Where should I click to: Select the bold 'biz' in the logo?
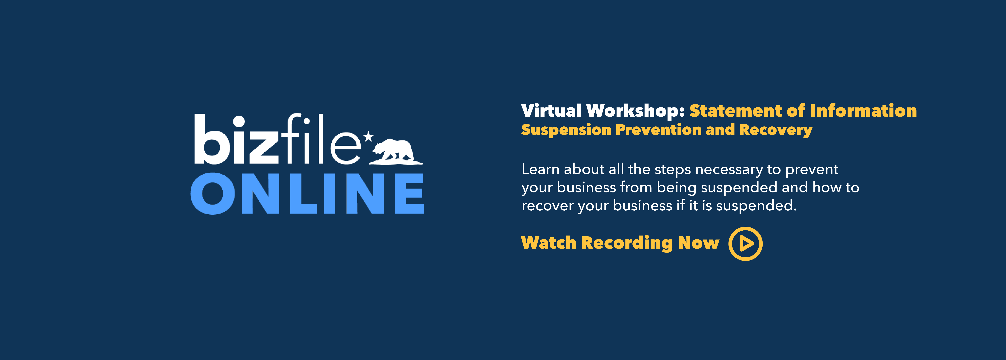[x=236, y=141]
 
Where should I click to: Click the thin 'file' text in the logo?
[x=320, y=141]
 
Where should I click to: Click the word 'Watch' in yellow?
[x=549, y=243]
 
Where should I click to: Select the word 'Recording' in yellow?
[x=627, y=243]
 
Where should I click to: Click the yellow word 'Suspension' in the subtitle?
[x=566, y=130]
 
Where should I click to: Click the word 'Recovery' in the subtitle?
[x=776, y=130]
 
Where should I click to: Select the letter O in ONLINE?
[x=213, y=194]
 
